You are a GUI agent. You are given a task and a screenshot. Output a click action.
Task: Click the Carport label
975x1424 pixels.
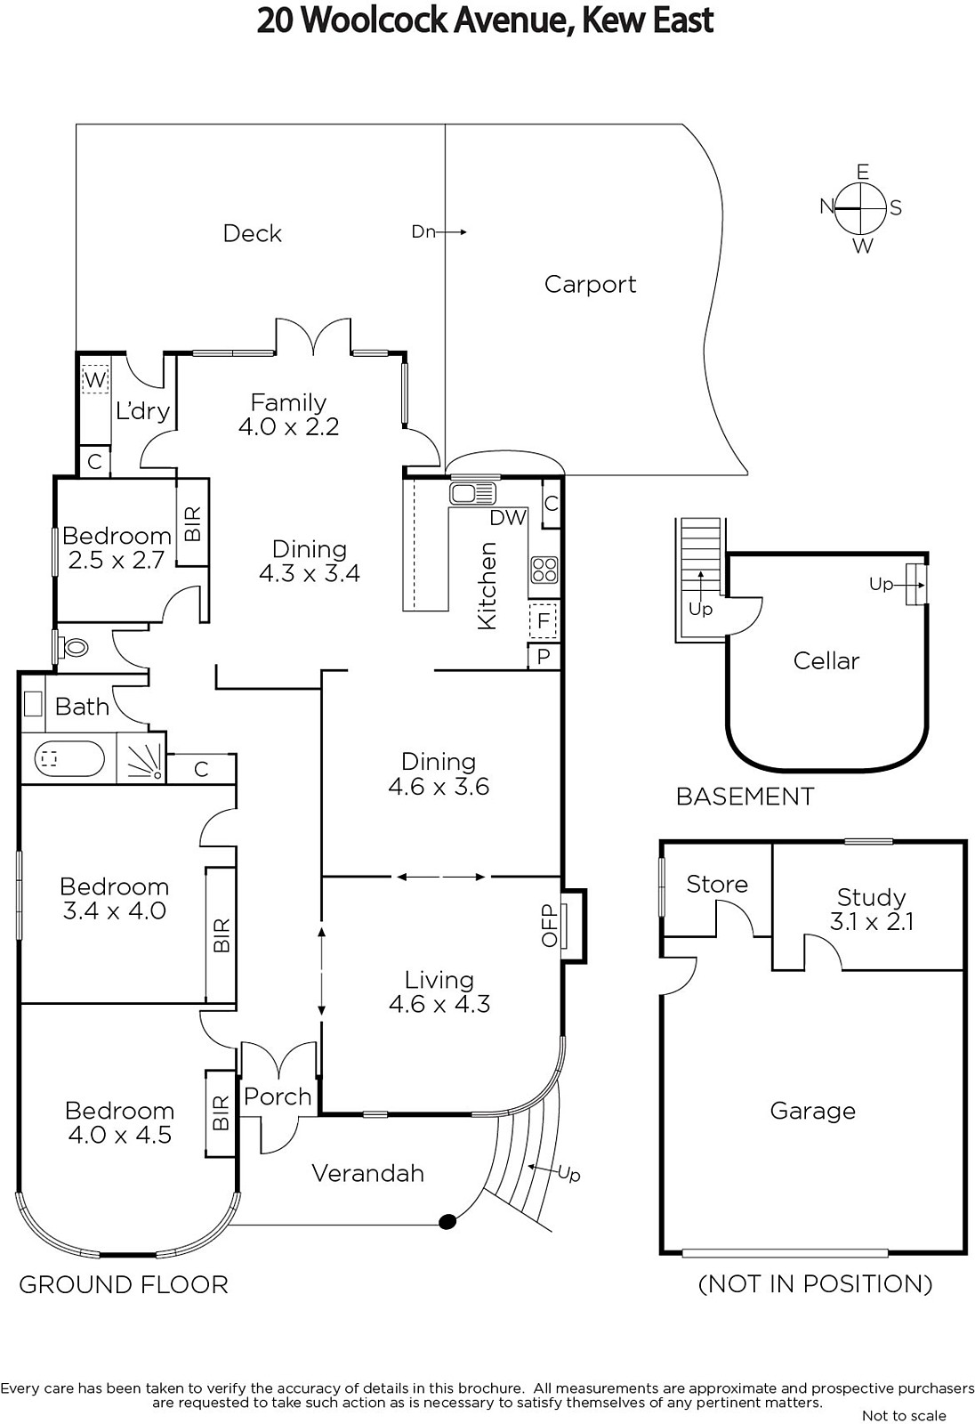click(x=590, y=284)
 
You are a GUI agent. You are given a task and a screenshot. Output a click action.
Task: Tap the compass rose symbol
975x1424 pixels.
click(x=860, y=208)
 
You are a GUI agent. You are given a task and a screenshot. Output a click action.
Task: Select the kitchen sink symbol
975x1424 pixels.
click(x=472, y=493)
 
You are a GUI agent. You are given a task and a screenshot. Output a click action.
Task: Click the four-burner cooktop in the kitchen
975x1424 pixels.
click(x=544, y=570)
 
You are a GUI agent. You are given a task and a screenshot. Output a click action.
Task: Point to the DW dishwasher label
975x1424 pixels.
click(x=508, y=518)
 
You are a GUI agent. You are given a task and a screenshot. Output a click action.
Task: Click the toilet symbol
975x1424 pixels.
click(x=71, y=648)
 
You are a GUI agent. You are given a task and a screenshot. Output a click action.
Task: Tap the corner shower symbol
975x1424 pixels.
click(x=141, y=757)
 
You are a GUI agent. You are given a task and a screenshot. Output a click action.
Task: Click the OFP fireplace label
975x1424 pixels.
click(x=549, y=926)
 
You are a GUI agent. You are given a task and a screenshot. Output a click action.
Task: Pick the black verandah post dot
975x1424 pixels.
click(x=447, y=1221)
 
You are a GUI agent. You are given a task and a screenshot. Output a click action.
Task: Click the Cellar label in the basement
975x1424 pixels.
click(x=826, y=661)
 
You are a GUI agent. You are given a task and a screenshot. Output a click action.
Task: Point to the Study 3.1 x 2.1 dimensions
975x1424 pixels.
click(x=872, y=922)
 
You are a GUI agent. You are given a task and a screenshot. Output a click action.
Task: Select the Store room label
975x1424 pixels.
click(x=717, y=885)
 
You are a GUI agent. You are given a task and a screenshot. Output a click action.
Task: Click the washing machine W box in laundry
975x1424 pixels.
click(x=94, y=379)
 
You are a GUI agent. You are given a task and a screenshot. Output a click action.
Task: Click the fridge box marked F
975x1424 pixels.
click(x=544, y=620)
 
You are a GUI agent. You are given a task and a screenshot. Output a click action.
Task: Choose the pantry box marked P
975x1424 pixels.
click(x=544, y=656)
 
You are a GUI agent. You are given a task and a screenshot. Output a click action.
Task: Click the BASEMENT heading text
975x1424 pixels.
click(x=745, y=797)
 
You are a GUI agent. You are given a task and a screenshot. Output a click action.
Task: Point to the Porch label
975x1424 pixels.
click(x=278, y=1097)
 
